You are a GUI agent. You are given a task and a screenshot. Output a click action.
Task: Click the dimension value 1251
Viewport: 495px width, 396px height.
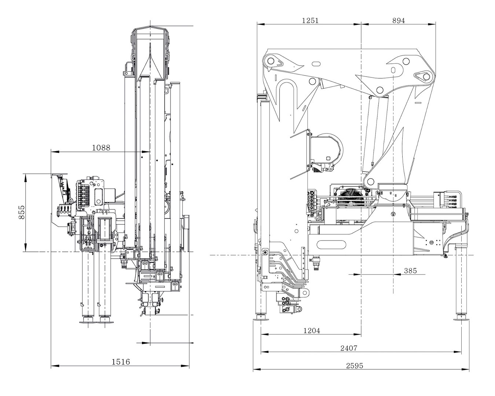[x=310, y=21]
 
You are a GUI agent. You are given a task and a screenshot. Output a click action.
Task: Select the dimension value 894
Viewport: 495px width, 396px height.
[x=398, y=21]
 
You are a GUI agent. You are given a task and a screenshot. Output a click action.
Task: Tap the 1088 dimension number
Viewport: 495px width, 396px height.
[x=101, y=148]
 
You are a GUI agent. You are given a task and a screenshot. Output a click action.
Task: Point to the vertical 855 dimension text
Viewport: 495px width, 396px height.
[x=21, y=212]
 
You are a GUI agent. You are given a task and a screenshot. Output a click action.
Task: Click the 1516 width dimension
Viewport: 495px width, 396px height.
[x=121, y=362]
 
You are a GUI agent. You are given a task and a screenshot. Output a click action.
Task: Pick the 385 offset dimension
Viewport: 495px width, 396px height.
[x=410, y=271]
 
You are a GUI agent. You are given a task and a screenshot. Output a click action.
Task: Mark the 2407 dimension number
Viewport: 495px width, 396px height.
[x=348, y=348]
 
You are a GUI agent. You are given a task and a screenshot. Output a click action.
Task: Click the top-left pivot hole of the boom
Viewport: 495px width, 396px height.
[x=271, y=60]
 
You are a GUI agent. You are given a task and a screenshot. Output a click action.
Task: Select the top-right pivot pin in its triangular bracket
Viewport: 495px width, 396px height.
[x=425, y=77]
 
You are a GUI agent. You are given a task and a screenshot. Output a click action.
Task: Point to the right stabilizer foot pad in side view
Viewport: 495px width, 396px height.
[x=461, y=318]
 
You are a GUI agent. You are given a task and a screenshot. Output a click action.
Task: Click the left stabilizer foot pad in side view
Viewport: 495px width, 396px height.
[x=261, y=318]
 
